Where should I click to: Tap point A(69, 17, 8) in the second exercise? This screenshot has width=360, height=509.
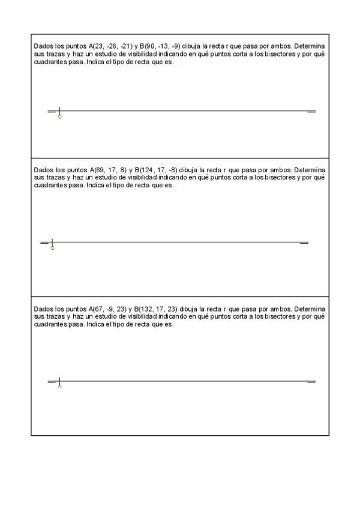click(106, 170)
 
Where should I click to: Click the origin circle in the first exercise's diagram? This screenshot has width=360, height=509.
click(59, 116)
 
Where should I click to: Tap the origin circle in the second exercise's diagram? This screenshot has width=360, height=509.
click(52, 248)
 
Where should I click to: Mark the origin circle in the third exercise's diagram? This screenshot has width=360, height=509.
click(59, 387)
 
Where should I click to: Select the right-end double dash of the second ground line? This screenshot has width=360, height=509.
click(304, 243)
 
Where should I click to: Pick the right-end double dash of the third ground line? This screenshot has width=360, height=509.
click(311, 382)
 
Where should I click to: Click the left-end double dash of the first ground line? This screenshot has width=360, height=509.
click(52, 112)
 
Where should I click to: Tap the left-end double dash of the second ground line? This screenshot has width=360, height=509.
click(44, 243)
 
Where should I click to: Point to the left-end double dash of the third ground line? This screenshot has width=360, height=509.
click(52, 382)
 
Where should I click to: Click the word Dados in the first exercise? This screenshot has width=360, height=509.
click(43, 46)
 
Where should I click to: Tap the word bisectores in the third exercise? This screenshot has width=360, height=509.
click(281, 316)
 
